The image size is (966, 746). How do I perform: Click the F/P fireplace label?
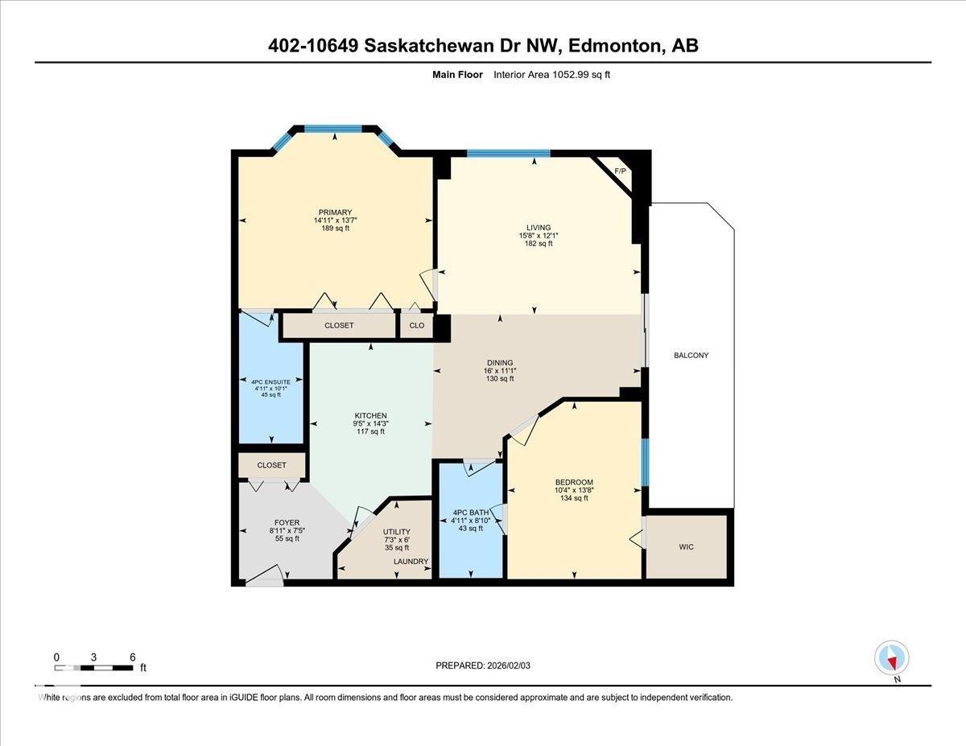620,171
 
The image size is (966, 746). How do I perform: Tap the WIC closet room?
686,546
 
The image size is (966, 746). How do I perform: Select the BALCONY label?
691,355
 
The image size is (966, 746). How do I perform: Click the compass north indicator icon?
891,657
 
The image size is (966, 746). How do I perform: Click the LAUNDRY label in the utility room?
411,562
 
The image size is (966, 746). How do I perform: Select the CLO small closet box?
416,326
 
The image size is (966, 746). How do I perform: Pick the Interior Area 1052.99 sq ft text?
557,75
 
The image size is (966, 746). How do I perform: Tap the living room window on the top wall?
508,153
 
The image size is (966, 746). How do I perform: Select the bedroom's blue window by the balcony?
645,463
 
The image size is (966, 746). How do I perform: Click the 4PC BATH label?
471,513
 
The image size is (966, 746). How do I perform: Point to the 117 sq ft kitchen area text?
370,431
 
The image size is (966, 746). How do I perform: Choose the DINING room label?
499,363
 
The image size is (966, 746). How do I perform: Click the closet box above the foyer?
271,465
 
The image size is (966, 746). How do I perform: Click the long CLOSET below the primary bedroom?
339,326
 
